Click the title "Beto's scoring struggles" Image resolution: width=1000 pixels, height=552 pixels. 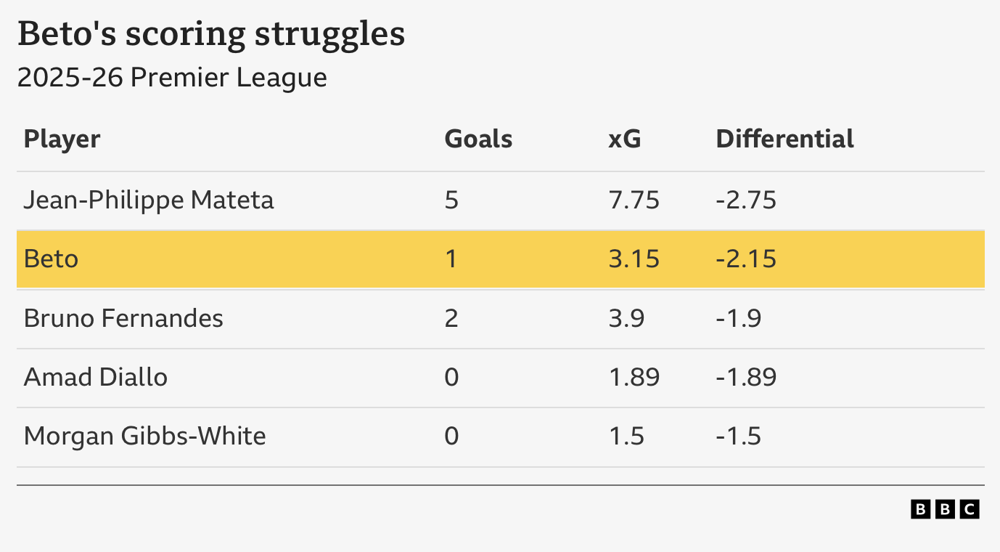pyautogui.click(x=211, y=35)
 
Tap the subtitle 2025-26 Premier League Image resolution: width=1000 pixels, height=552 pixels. pyautogui.click(x=172, y=78)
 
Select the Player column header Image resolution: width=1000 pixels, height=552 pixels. pyautogui.click(x=62, y=139)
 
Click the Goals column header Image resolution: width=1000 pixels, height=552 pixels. pyautogui.click(x=478, y=139)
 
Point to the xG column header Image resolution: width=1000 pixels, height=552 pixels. pyautogui.click(x=624, y=139)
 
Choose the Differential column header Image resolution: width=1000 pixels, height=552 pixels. pyautogui.click(x=784, y=139)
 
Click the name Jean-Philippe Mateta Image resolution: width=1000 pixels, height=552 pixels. pyautogui.click(x=149, y=200)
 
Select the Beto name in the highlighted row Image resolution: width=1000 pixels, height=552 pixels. pyautogui.click(x=51, y=259)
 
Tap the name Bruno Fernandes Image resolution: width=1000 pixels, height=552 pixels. pyautogui.click(x=123, y=318)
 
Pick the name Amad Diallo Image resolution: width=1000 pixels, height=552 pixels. pyautogui.click(x=96, y=377)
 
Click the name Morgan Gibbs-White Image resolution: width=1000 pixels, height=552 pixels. pyautogui.click(x=144, y=436)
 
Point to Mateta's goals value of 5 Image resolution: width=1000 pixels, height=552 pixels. pyautogui.click(x=451, y=200)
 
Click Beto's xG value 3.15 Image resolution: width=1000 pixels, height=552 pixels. pyautogui.click(x=634, y=259)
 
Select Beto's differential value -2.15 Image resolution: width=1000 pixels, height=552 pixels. pyautogui.click(x=745, y=259)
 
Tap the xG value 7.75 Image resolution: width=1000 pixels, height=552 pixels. pyautogui.click(x=634, y=200)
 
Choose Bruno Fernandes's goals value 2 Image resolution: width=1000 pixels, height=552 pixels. pyautogui.click(x=451, y=318)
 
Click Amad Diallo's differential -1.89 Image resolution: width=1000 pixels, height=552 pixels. pyautogui.click(x=745, y=377)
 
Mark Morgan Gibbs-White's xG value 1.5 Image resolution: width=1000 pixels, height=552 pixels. pyautogui.click(x=626, y=436)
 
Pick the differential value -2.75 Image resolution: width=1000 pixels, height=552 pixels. pyautogui.click(x=745, y=200)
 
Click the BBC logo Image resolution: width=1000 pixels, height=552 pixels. pyautogui.click(x=945, y=509)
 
